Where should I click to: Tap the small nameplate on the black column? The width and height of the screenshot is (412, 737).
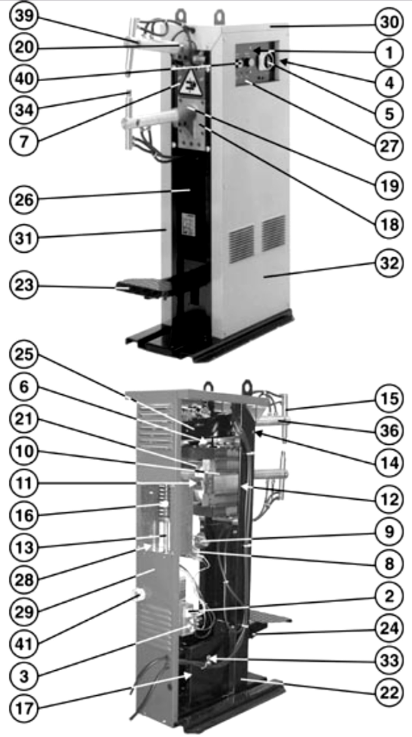[189, 225]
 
